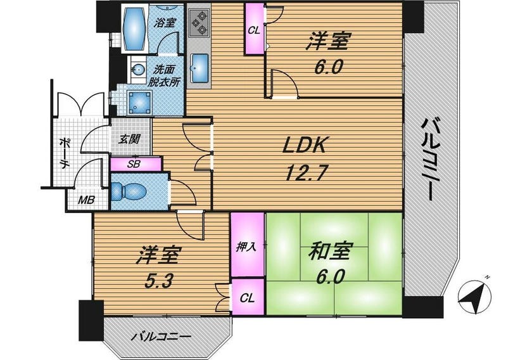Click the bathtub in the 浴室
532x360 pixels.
(135, 28)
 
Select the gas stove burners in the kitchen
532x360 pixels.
(198, 22)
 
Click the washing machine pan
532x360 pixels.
(139, 102)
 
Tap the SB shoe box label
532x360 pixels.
(134, 164)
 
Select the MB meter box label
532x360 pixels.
(87, 200)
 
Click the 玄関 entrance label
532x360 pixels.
(129, 139)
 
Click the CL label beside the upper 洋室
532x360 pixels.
(254, 30)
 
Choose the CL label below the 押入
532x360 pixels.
(248, 298)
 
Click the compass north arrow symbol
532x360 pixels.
(474, 296)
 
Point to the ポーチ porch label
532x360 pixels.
(65, 153)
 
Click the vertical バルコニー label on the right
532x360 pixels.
(430, 160)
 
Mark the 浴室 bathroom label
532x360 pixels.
(165, 22)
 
